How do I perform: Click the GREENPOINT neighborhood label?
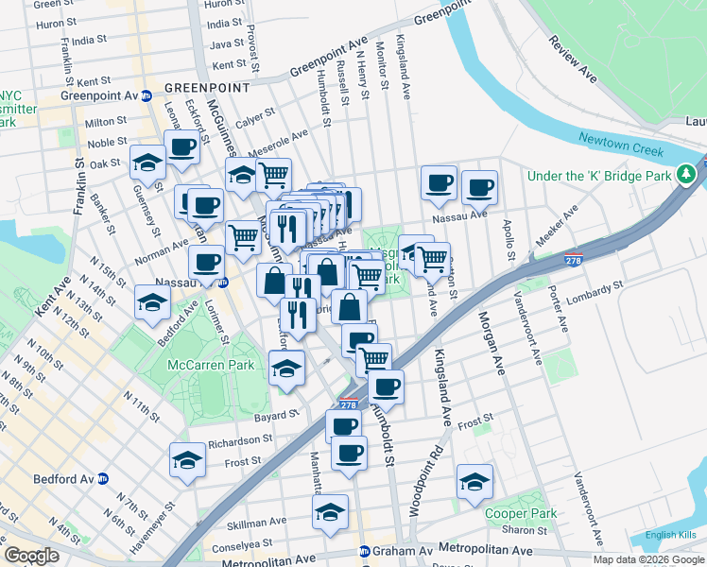207,88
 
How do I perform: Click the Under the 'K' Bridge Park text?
599,176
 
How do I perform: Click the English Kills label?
673,536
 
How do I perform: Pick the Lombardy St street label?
595,285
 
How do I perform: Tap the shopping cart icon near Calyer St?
273,174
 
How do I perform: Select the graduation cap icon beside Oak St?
148,163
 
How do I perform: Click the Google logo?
32,556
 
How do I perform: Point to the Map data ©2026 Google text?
647,559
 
